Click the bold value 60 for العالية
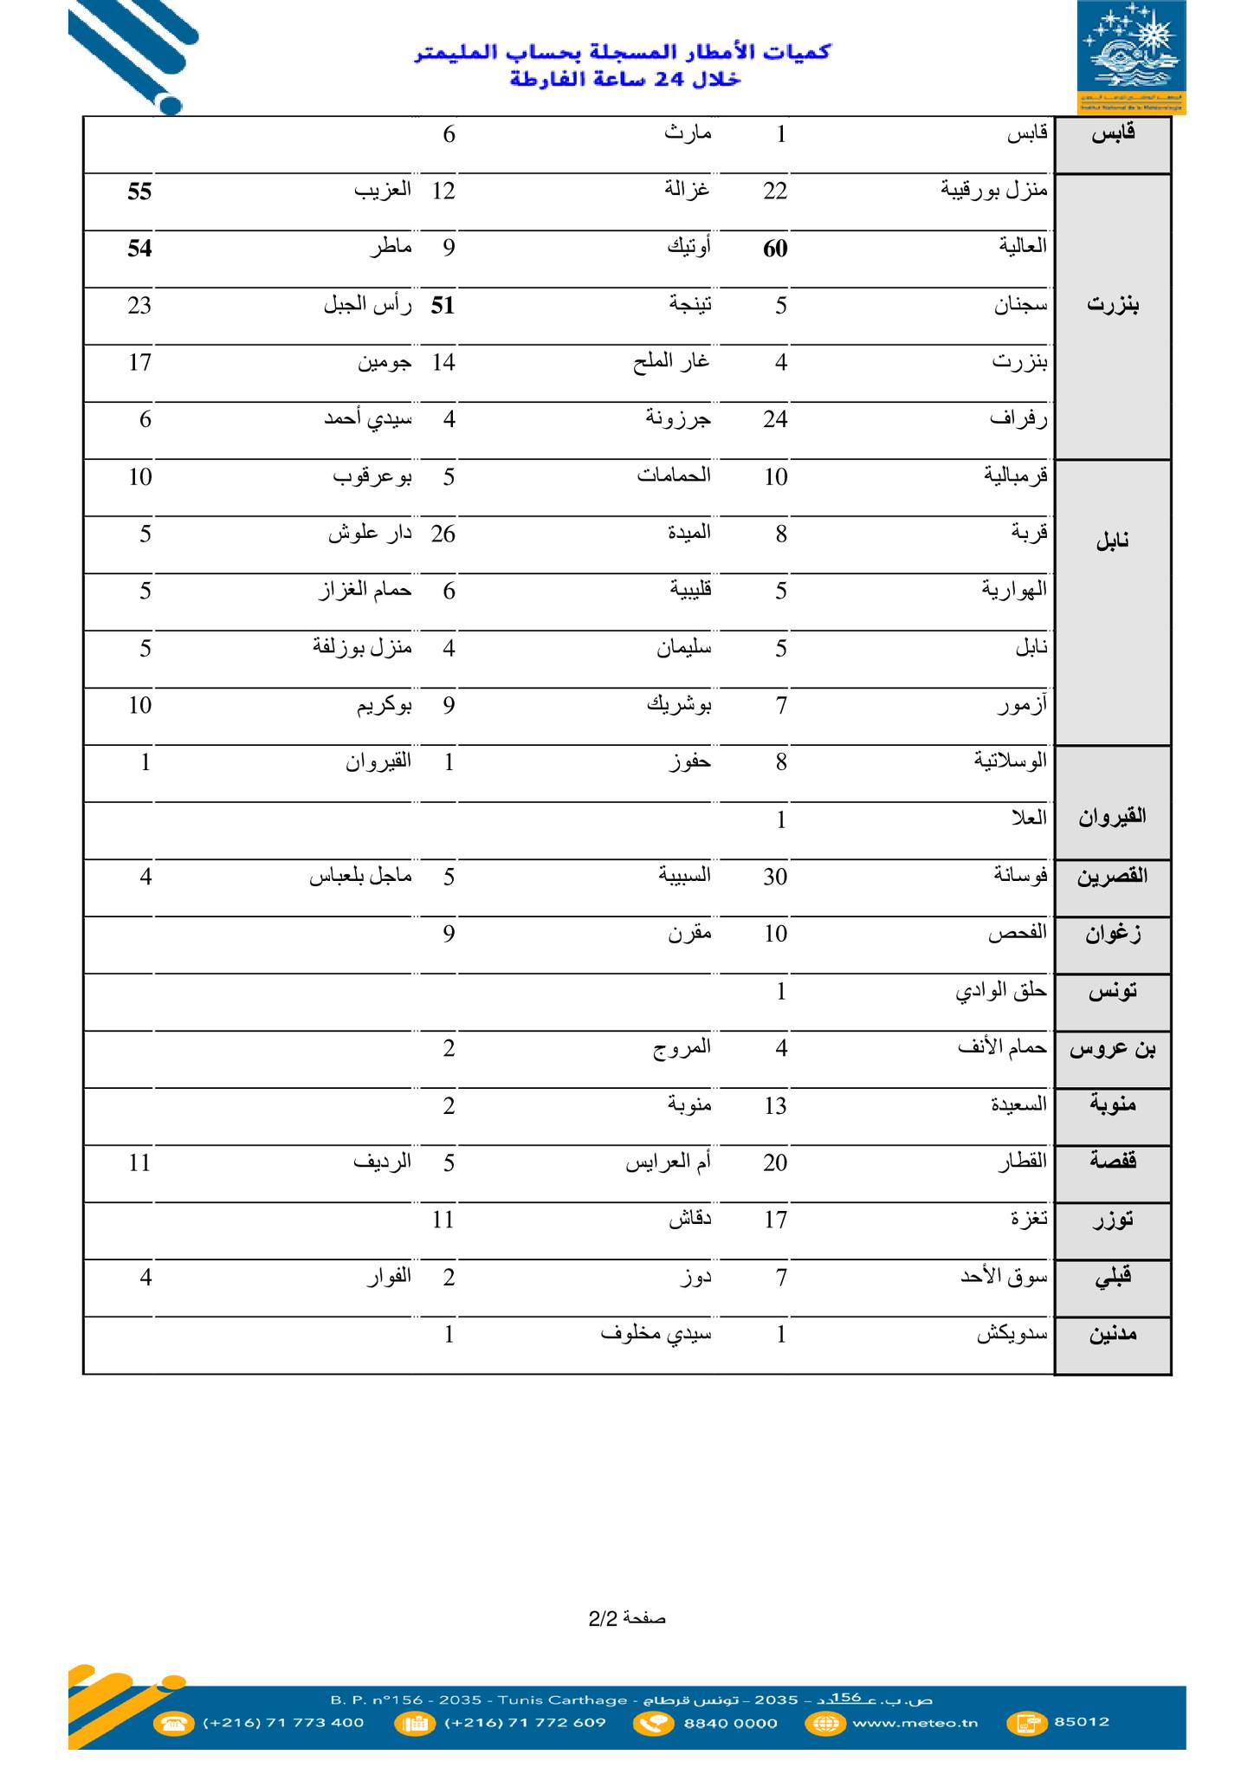pos(775,249)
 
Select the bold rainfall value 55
pos(139,191)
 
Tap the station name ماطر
pos(391,248)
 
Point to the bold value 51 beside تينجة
pos(443,306)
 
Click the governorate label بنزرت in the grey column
pos(1113,305)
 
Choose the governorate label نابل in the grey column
pos(1113,542)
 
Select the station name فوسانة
pos(1020,876)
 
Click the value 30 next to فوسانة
pos(775,877)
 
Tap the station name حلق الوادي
pos(1001,991)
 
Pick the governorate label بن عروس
pos(1113,1049)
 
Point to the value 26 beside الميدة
pos(443,534)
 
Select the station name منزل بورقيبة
pos(994,190)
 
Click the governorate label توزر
pos(1113,1220)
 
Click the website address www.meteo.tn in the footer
pos(915,1722)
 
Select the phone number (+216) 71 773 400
pos(283,1722)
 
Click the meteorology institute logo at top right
pos(1131,57)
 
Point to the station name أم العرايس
pos(668,1162)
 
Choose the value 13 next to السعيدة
pos(775,1106)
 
